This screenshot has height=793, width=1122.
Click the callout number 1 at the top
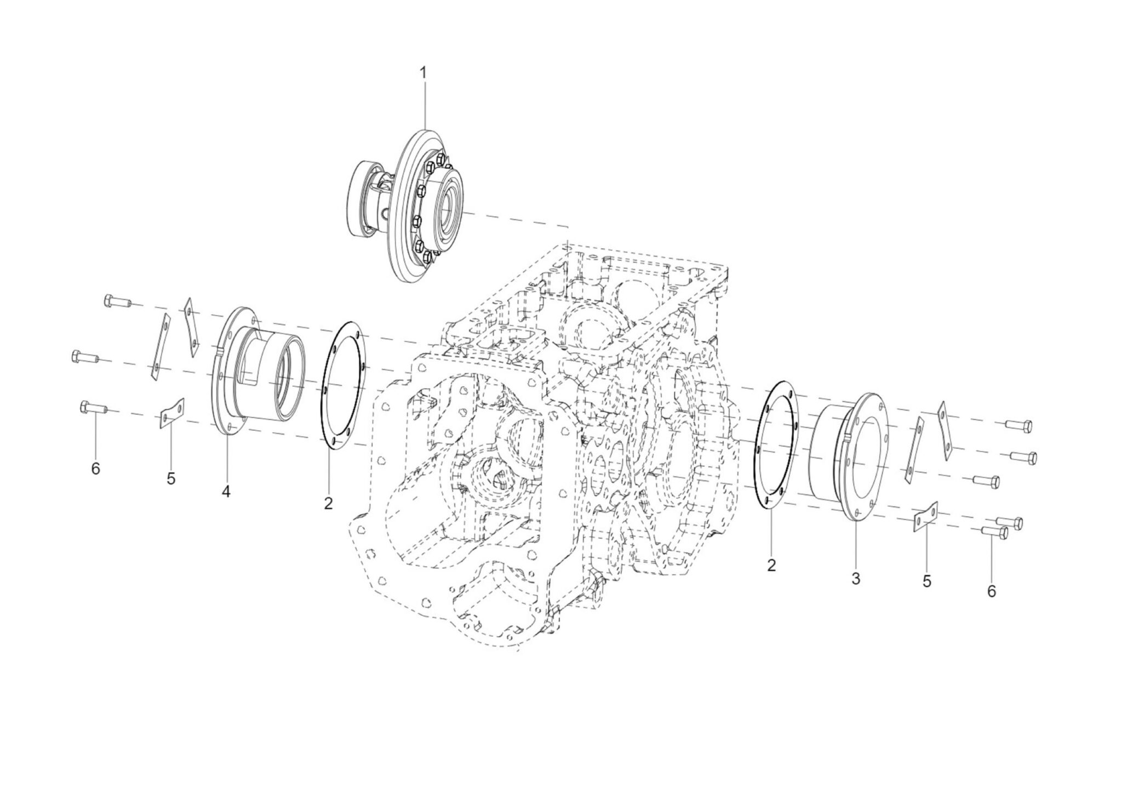(x=422, y=72)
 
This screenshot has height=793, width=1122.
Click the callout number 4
(x=226, y=492)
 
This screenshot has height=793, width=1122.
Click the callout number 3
(x=856, y=578)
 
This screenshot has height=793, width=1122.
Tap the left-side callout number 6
(x=96, y=469)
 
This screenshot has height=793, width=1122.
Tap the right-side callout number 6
(x=992, y=591)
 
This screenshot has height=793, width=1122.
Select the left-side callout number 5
(x=171, y=478)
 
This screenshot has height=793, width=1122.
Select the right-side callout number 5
(x=927, y=581)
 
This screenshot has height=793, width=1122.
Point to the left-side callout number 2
(x=328, y=503)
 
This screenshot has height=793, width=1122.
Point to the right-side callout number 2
(x=771, y=565)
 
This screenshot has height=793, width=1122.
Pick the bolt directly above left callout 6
(x=94, y=408)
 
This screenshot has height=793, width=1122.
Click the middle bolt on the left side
(x=84, y=357)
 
